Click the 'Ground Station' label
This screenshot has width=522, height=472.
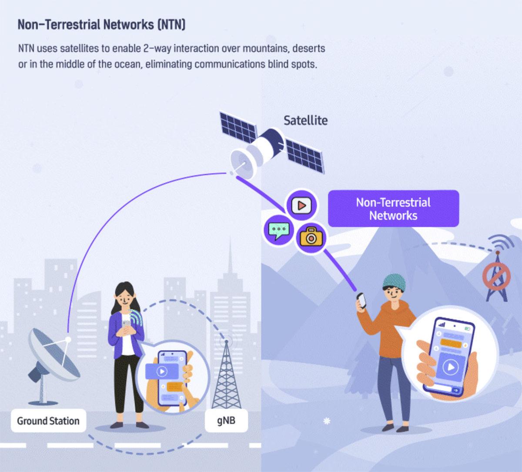[x=48, y=421]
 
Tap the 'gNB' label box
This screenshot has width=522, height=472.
[x=226, y=421]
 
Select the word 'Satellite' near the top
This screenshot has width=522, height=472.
[x=305, y=120]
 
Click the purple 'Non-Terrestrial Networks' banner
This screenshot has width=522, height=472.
[x=393, y=209]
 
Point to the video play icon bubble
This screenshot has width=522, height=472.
[x=301, y=205]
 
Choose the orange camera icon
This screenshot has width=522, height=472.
[x=311, y=237]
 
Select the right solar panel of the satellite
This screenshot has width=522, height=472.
[x=305, y=154]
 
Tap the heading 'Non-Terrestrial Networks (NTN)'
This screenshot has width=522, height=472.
[x=101, y=24]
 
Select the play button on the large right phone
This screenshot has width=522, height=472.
[x=451, y=367]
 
